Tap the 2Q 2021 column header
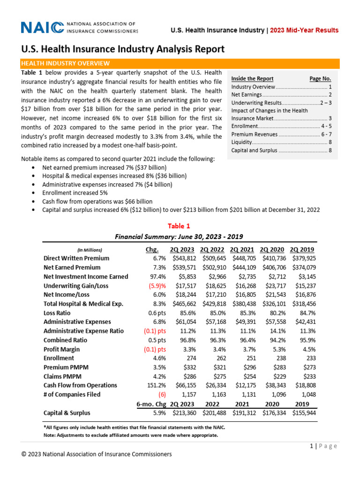[242, 249]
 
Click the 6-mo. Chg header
[151, 404]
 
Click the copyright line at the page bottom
[97, 454]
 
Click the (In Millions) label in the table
[89, 250]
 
